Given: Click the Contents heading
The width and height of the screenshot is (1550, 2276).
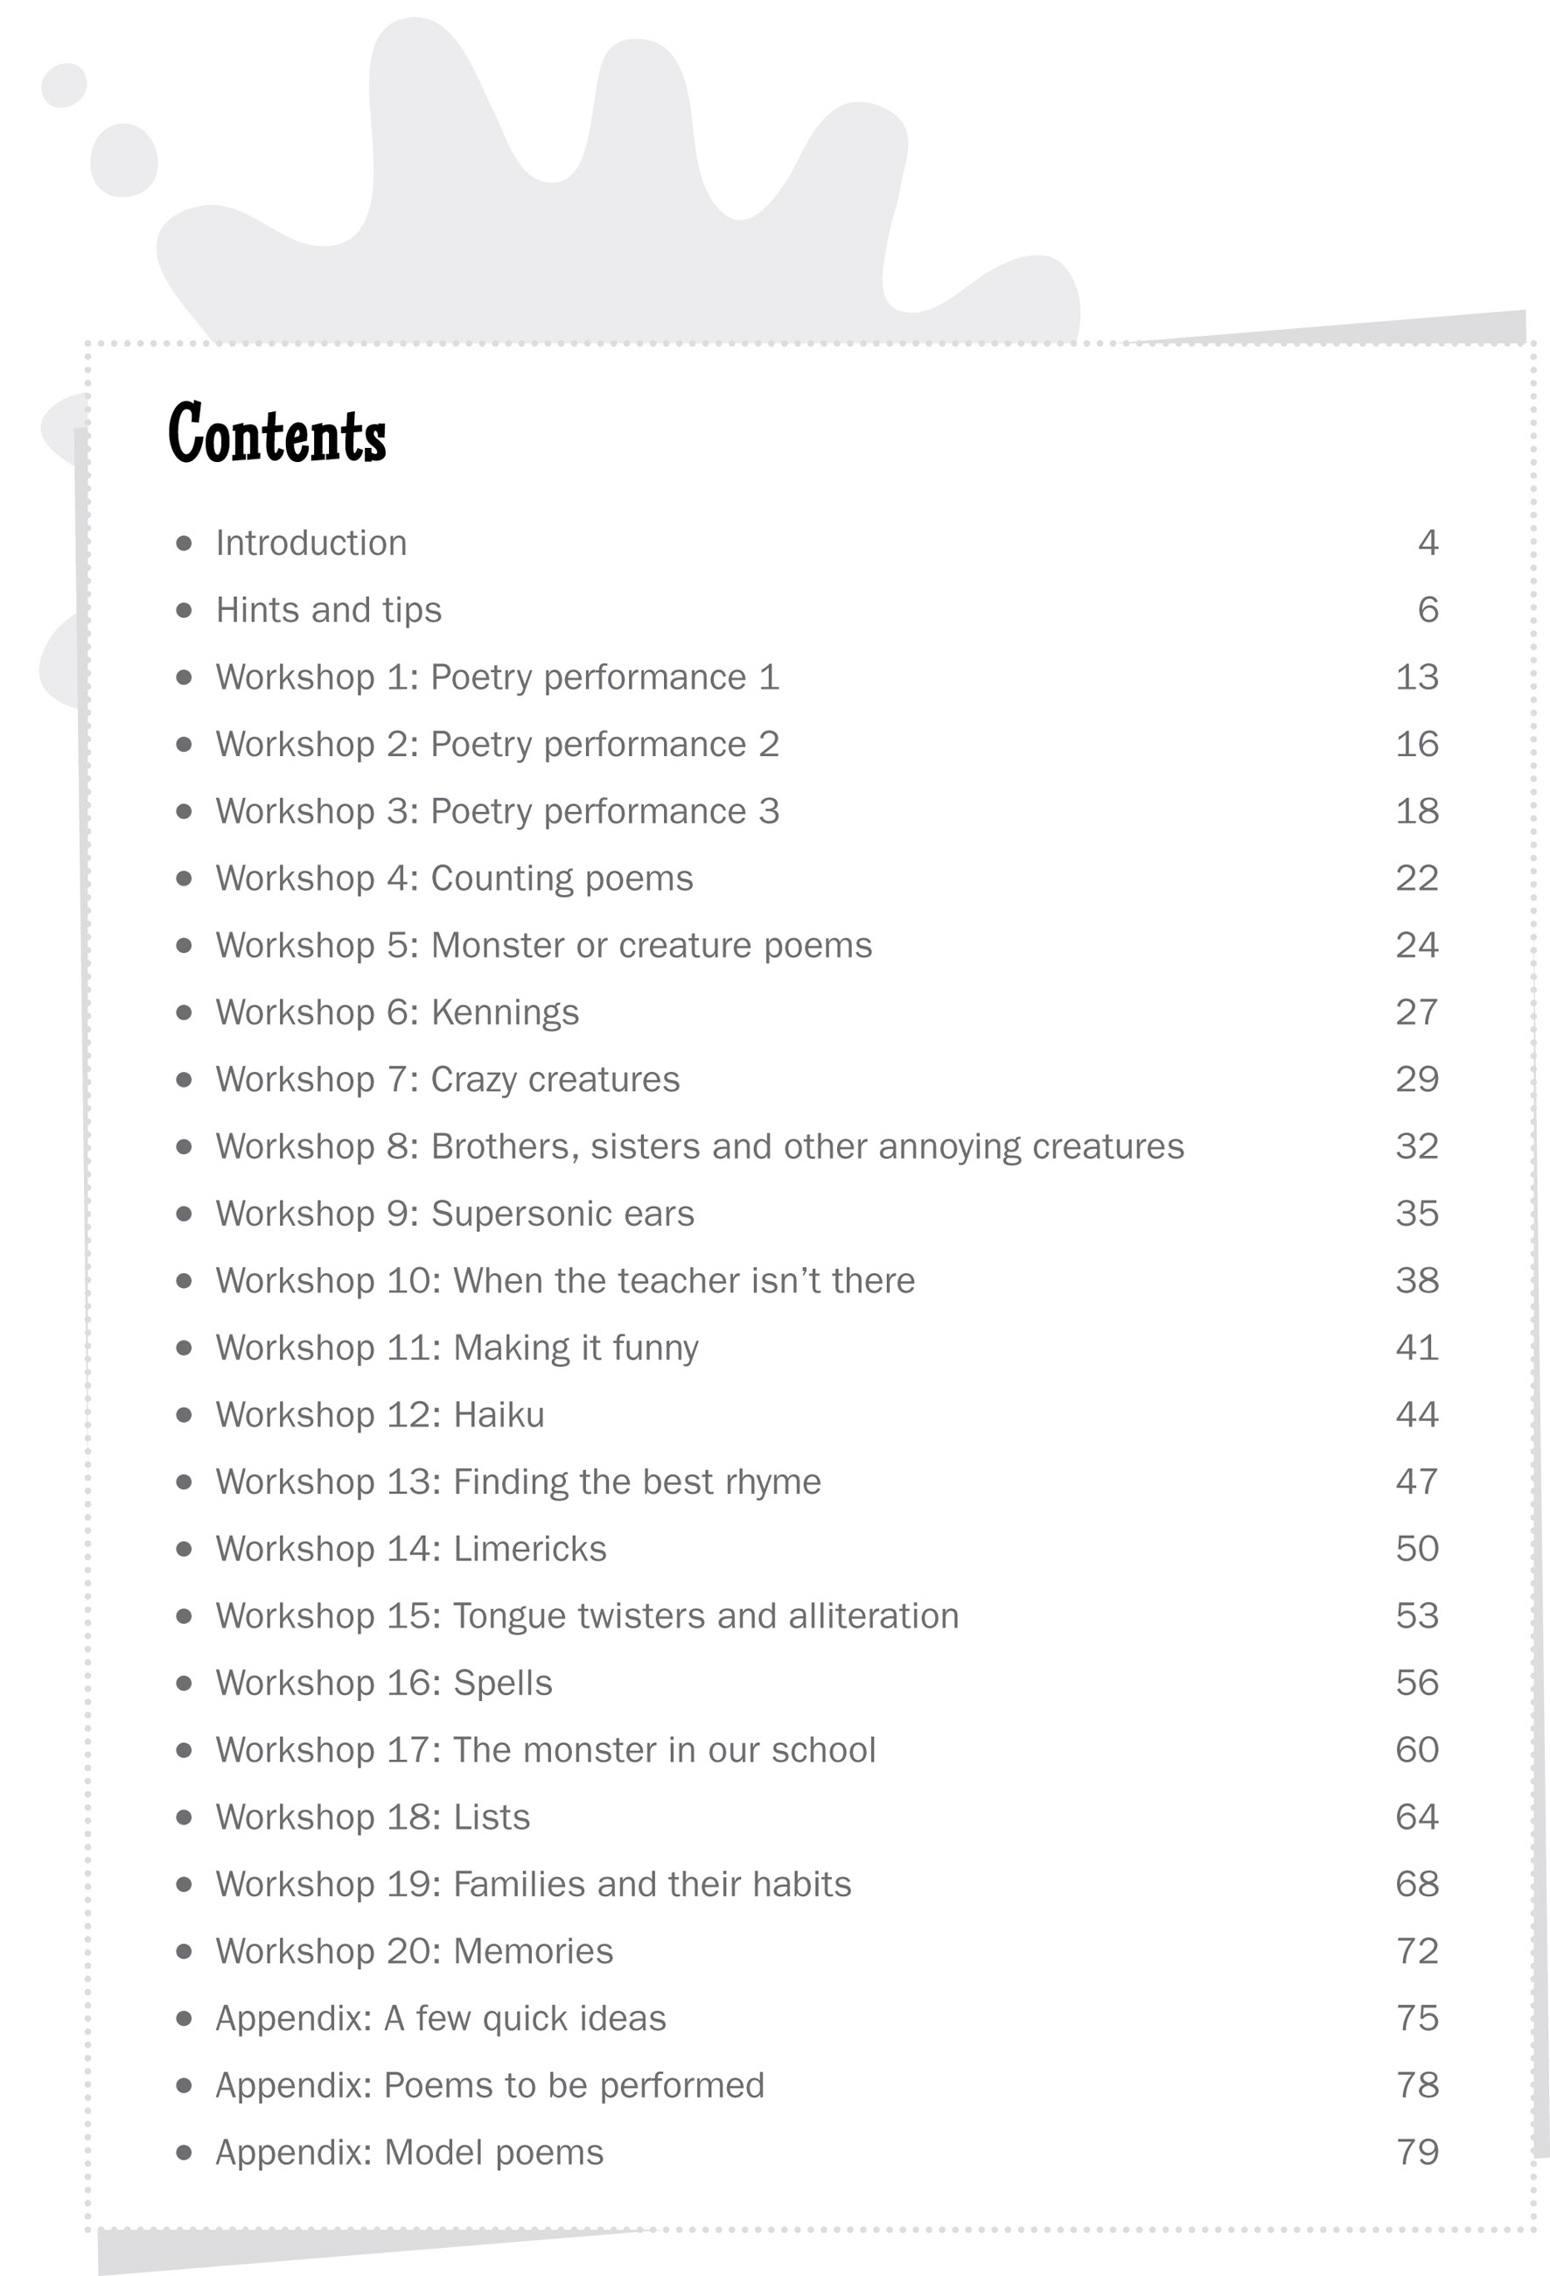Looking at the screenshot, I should pyautogui.click(x=277, y=433).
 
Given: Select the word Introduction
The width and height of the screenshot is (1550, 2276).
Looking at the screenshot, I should pyautogui.click(x=311, y=543).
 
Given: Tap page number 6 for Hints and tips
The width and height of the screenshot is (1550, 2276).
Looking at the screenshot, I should pyautogui.click(x=1428, y=610).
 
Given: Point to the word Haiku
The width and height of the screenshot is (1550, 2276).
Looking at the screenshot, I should pyautogui.click(x=499, y=1415).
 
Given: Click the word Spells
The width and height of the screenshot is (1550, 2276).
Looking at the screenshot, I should pyautogui.click(x=502, y=1684).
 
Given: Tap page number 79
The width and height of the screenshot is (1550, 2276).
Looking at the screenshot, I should pyautogui.click(x=1417, y=2153).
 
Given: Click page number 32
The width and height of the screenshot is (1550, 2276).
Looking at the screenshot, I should pyautogui.click(x=1417, y=1145).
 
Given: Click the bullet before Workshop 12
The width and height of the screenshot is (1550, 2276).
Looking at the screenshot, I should pyautogui.click(x=183, y=1415).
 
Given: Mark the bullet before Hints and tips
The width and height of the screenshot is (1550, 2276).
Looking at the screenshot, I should pyautogui.click(x=183, y=610).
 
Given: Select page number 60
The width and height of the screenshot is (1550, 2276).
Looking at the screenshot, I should pyautogui.click(x=1417, y=1750).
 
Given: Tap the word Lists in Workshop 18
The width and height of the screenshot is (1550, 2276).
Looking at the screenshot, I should pyautogui.click(x=492, y=1817).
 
